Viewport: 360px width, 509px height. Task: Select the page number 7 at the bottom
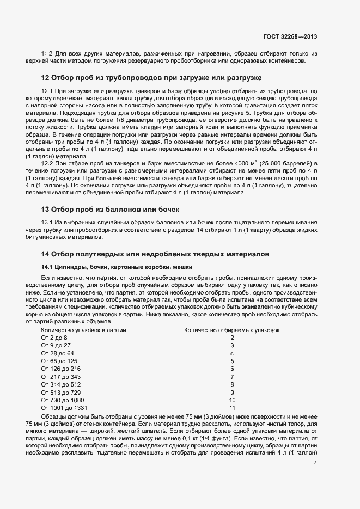coord(315,462)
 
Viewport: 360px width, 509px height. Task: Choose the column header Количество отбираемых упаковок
coord(232,330)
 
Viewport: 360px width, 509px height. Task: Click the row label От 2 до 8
coord(54,338)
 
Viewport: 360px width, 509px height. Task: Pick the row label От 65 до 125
coord(59,361)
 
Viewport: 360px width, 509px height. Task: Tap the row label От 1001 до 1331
coord(64,407)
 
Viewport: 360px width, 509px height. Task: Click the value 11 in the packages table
coord(232,407)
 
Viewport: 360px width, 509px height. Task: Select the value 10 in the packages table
coord(232,400)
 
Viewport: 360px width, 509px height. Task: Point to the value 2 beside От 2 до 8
coord(232,338)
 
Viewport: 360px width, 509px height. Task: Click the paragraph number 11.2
coord(46,53)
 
